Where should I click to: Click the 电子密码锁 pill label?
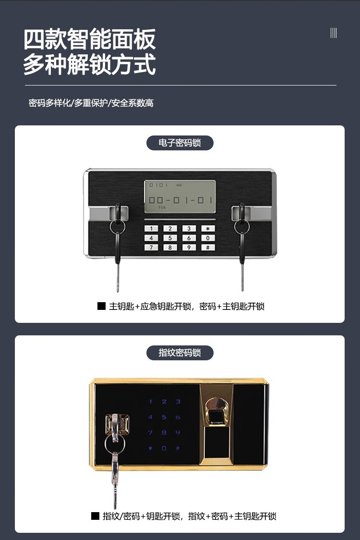click(x=180, y=143)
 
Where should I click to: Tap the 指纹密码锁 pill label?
click(x=180, y=353)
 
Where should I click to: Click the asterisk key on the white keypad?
click(x=207, y=228)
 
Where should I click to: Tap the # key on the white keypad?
click(x=207, y=247)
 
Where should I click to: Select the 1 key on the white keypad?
click(x=151, y=228)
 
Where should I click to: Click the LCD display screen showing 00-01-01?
click(x=180, y=196)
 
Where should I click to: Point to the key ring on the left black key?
click(x=118, y=227)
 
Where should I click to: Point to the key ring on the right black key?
click(x=242, y=227)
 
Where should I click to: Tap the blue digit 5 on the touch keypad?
click(x=164, y=417)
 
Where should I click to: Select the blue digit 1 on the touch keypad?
click(x=150, y=402)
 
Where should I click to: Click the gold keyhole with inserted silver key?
click(x=117, y=424)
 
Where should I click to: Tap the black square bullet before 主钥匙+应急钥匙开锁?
click(x=102, y=306)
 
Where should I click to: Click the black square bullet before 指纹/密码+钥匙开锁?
click(x=96, y=516)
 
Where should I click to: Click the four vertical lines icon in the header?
click(x=334, y=33)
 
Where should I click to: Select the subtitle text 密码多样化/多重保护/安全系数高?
click(x=91, y=103)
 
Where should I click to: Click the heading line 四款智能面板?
click(x=90, y=39)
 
